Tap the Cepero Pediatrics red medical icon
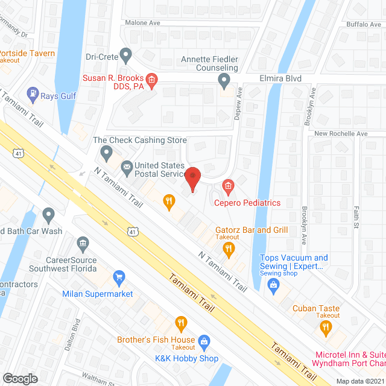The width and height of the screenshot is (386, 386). click(x=228, y=187)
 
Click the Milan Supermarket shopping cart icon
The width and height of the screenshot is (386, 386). click(x=119, y=277)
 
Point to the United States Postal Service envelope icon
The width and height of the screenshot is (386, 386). click(x=127, y=166)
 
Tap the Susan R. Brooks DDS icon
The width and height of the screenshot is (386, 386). click(x=151, y=79)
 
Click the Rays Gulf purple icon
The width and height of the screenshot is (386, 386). click(x=32, y=95)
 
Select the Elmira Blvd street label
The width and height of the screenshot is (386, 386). click(x=280, y=78)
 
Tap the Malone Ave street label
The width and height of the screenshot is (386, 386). click(x=142, y=23)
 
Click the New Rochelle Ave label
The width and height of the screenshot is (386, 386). click(x=341, y=133)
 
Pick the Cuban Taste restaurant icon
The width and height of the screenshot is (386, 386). click(x=326, y=327)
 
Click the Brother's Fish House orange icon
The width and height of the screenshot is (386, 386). click(x=180, y=324)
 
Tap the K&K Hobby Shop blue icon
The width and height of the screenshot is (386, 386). click(x=204, y=341)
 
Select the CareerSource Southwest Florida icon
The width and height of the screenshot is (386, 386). click(x=83, y=244)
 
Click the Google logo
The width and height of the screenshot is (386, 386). click(x=20, y=378)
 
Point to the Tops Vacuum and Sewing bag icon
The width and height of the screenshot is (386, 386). click(x=273, y=284)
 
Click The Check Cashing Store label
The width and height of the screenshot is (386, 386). click(x=140, y=140)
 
